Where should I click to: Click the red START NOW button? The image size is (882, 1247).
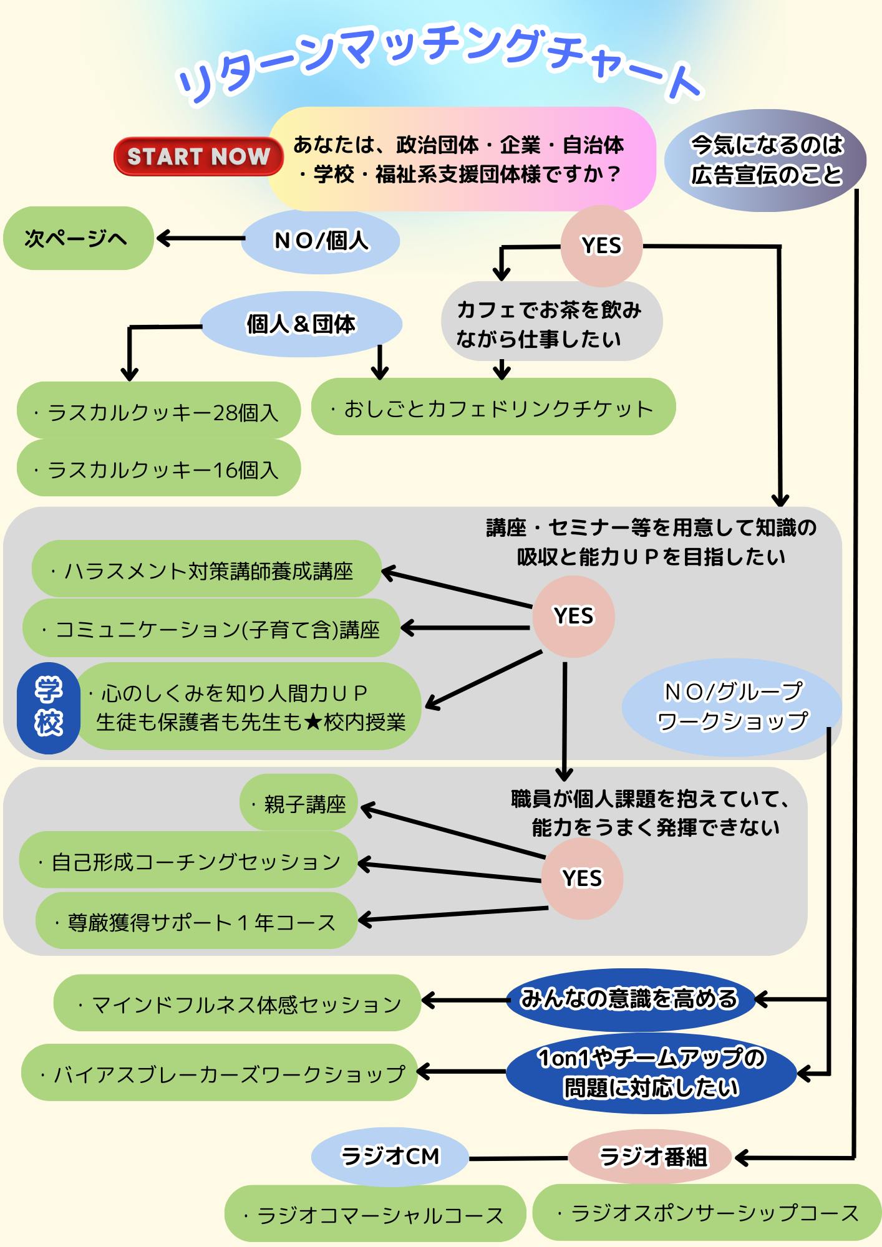[198, 156]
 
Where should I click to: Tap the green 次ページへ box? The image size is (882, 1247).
[78, 238]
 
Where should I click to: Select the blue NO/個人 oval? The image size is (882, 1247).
[321, 241]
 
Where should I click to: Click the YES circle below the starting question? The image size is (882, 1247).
[601, 246]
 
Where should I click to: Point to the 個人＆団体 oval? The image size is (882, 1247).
[301, 324]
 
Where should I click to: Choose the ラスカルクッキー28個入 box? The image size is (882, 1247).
[158, 411]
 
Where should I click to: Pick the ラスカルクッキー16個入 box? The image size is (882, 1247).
[158, 468]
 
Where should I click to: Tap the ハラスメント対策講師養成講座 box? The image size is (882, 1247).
[206, 569]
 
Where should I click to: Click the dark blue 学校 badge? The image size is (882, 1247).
[48, 708]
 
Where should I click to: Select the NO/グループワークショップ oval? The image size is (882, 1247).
[732, 706]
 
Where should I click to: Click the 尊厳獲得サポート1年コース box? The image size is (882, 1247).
[196, 921]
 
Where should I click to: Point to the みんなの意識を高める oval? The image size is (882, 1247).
[629, 999]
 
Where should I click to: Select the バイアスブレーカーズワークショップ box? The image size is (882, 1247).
[219, 1073]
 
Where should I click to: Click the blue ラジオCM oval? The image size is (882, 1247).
[390, 1157]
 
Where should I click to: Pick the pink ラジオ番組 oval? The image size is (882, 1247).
[649, 1157]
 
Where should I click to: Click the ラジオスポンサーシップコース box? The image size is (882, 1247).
[707, 1213]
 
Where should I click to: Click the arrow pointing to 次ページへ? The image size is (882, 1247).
[200, 238]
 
